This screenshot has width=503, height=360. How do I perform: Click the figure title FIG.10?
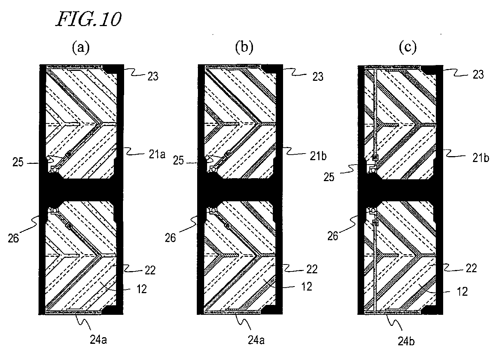[x=88, y=19]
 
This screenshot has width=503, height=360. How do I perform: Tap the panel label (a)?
[x=81, y=47]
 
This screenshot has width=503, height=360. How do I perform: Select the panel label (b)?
[x=244, y=47]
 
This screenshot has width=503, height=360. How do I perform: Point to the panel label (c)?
[x=408, y=47]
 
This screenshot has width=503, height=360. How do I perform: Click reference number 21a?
[x=157, y=154]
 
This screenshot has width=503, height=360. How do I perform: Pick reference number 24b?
[x=406, y=342]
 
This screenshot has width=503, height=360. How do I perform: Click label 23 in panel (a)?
[x=153, y=76]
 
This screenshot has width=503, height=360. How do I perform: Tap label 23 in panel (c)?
[x=478, y=74]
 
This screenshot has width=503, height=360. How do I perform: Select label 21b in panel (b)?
[x=318, y=156]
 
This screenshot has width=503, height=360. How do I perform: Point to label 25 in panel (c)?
[x=329, y=177]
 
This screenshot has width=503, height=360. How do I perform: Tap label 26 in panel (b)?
[x=170, y=238]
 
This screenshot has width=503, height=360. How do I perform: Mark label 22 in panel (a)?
[x=150, y=270]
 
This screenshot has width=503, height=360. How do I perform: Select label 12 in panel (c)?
[x=462, y=291]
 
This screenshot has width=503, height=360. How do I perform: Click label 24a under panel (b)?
[x=256, y=340]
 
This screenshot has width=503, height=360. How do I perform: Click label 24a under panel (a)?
[x=98, y=339]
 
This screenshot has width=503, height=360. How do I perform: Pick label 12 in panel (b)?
[x=307, y=287]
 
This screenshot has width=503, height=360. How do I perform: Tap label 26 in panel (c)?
[x=333, y=236]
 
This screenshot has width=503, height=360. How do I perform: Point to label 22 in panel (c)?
[x=471, y=268]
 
